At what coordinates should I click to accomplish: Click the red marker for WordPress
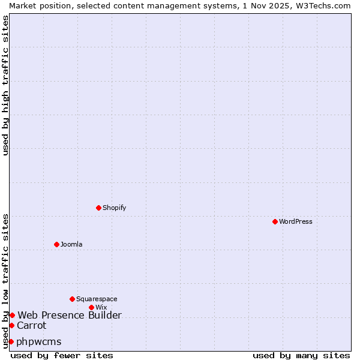pos(275,221)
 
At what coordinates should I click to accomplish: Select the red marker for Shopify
pos(98,208)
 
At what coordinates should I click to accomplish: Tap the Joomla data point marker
pos(56,244)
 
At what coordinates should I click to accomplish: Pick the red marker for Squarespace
pos(72,299)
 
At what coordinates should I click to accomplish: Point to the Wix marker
pos(91,307)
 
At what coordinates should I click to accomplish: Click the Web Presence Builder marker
pos(12,315)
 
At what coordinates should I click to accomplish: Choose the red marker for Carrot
pos(11,325)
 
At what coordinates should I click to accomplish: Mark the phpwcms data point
pos(11,341)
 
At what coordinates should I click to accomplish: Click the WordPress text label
pos(296,221)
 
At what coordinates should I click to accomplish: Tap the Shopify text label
pos(115,208)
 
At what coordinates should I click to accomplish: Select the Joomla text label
pos(71,244)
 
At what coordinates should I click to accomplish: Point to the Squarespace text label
pos(97,299)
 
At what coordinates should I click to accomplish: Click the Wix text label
pos(101,307)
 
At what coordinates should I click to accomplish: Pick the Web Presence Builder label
pos(70,315)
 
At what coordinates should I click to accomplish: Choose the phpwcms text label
pos(39,341)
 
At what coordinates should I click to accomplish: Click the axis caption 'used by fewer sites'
pos(62,355)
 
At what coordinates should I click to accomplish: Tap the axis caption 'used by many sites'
pos(301,355)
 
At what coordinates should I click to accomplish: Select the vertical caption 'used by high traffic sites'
pos(5,85)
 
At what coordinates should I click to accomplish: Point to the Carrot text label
pos(31,325)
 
